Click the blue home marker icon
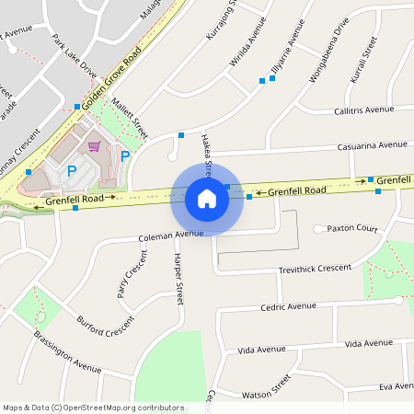coord(207,198)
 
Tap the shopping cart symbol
coord(94,145)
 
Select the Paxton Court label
coord(353,227)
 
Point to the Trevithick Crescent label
coord(315,269)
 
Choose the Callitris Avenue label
coord(364,109)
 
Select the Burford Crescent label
coord(106,326)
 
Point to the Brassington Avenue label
coord(68,354)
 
